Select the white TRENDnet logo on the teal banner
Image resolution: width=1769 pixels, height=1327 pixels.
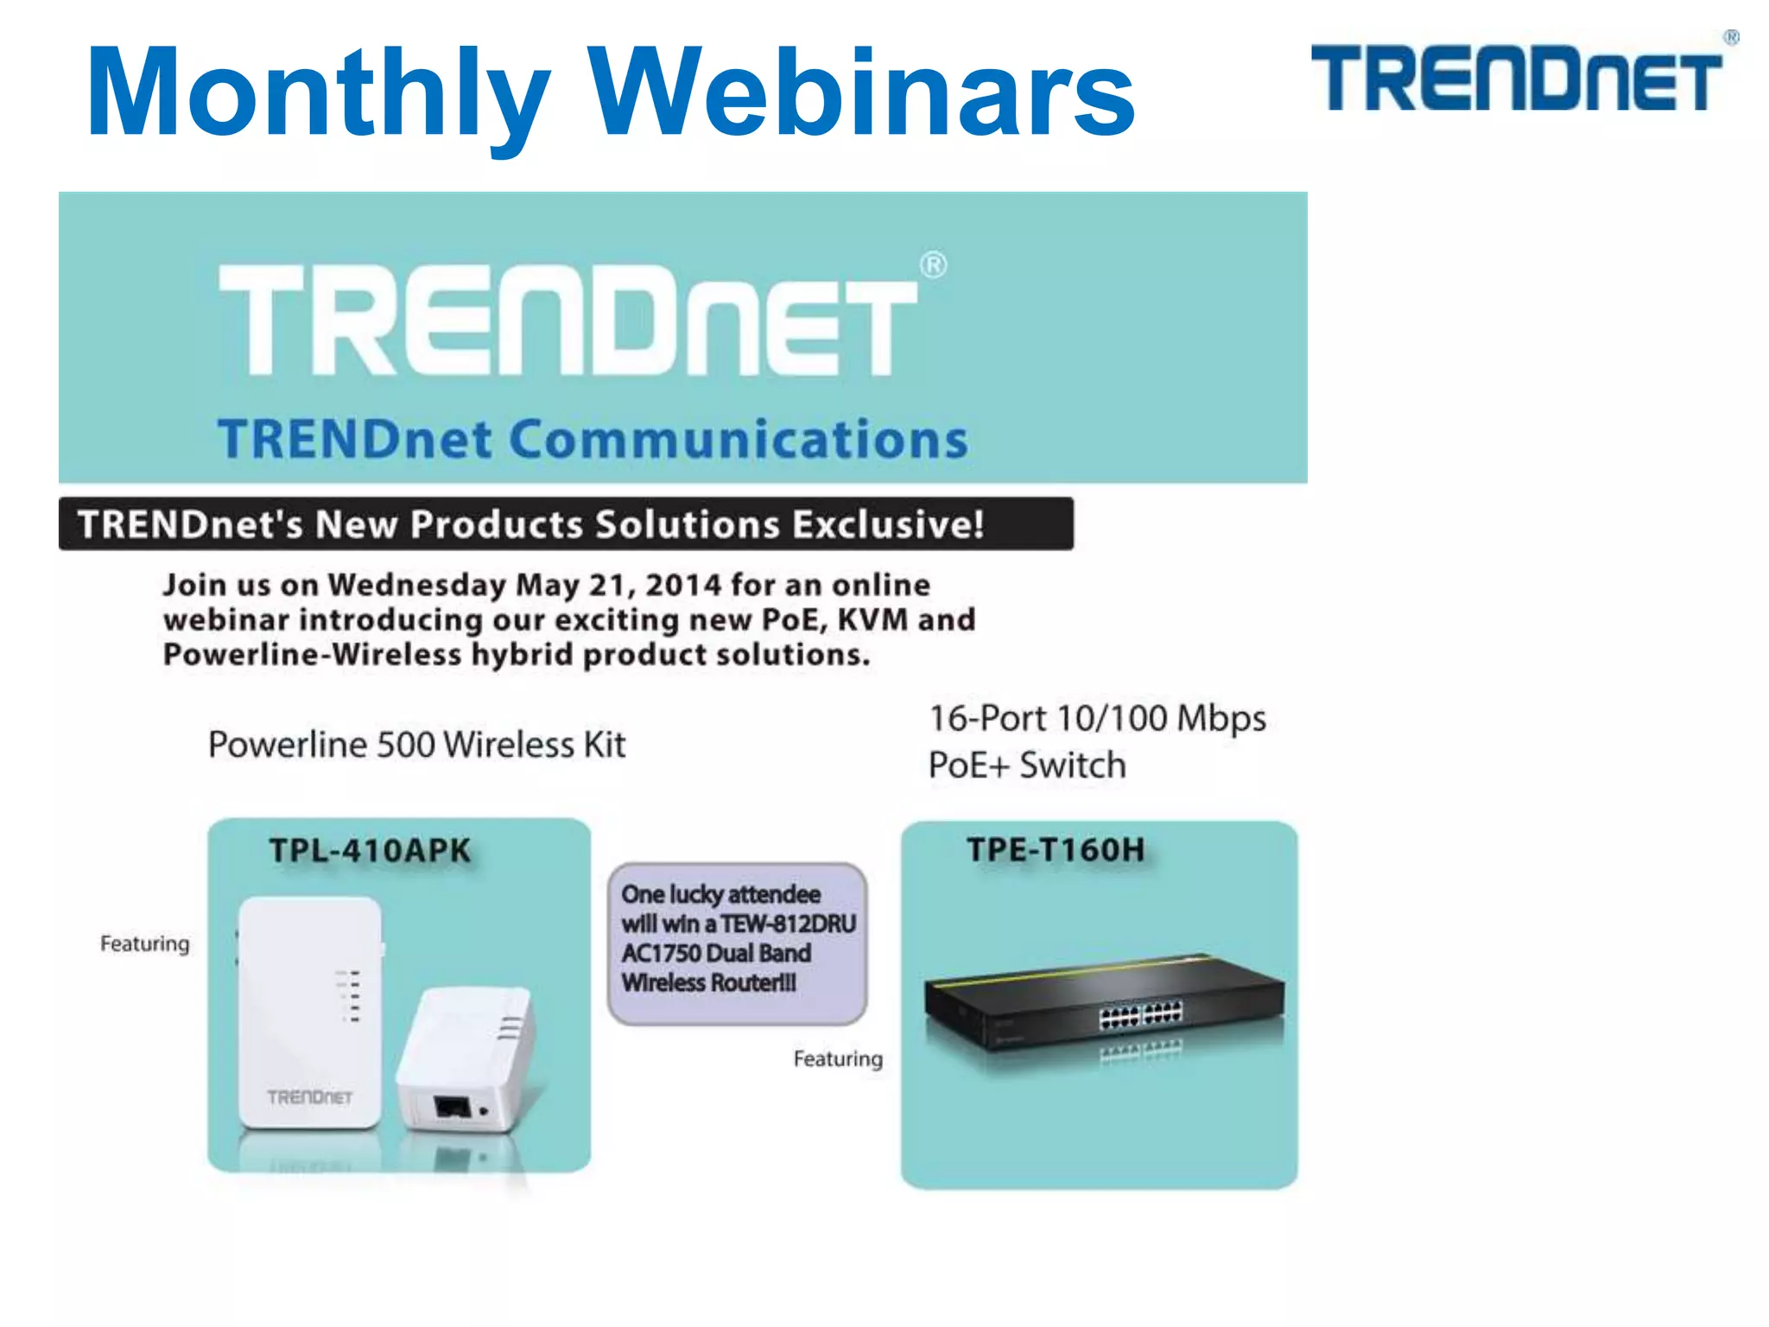pyautogui.click(x=570, y=320)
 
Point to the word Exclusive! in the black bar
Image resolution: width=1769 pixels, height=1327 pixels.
pyautogui.click(x=888, y=524)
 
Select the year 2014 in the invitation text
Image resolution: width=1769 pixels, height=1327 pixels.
pyautogui.click(x=682, y=585)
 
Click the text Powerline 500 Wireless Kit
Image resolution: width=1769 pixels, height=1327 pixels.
pyautogui.click(x=416, y=745)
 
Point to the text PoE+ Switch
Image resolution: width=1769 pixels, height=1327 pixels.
pyautogui.click(x=1026, y=765)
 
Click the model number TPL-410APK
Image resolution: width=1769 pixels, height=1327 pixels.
pyautogui.click(x=370, y=851)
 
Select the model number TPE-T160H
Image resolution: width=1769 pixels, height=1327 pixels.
pyautogui.click(x=1056, y=850)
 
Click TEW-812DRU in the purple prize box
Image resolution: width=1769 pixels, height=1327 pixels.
pyautogui.click(x=788, y=924)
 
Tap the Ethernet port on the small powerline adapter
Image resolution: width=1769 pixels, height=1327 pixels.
pyautogui.click(x=451, y=1106)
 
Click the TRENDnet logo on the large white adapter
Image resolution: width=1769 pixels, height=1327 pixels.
pyautogui.click(x=309, y=1097)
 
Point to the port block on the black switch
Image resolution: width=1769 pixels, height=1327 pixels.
pyautogui.click(x=1140, y=1015)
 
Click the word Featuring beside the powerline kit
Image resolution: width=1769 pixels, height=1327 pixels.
pyautogui.click(x=144, y=943)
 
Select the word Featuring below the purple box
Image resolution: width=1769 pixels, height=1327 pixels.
pyautogui.click(x=838, y=1058)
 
